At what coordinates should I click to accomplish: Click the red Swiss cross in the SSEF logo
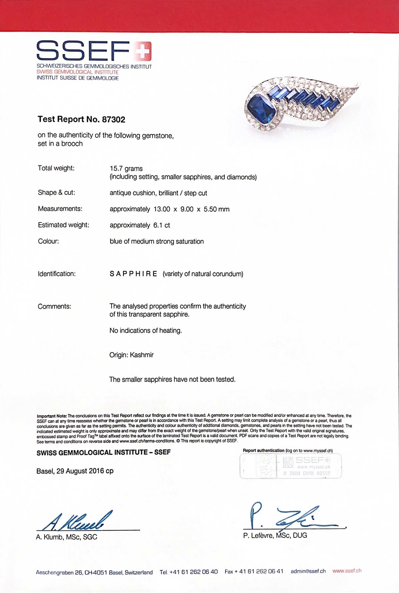click(143, 51)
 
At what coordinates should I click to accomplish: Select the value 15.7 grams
click(126, 168)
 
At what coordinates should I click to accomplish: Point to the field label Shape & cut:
click(56, 192)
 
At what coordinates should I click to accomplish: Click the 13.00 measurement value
click(162, 209)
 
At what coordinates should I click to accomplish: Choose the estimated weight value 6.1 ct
click(161, 225)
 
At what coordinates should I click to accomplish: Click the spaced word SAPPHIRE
click(133, 274)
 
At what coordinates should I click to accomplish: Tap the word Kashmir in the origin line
click(142, 355)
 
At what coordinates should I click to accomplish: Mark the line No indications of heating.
click(146, 331)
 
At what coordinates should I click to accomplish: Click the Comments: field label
click(54, 306)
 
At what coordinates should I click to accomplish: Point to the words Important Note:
click(52, 416)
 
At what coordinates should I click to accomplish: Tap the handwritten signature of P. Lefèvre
click(293, 516)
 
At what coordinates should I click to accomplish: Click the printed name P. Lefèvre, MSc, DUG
click(275, 536)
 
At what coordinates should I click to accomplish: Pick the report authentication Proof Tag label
click(290, 466)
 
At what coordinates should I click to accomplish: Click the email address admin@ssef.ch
click(308, 571)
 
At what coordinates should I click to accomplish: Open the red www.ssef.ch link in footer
click(347, 571)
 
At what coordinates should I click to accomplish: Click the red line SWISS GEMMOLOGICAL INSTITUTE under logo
click(77, 72)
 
